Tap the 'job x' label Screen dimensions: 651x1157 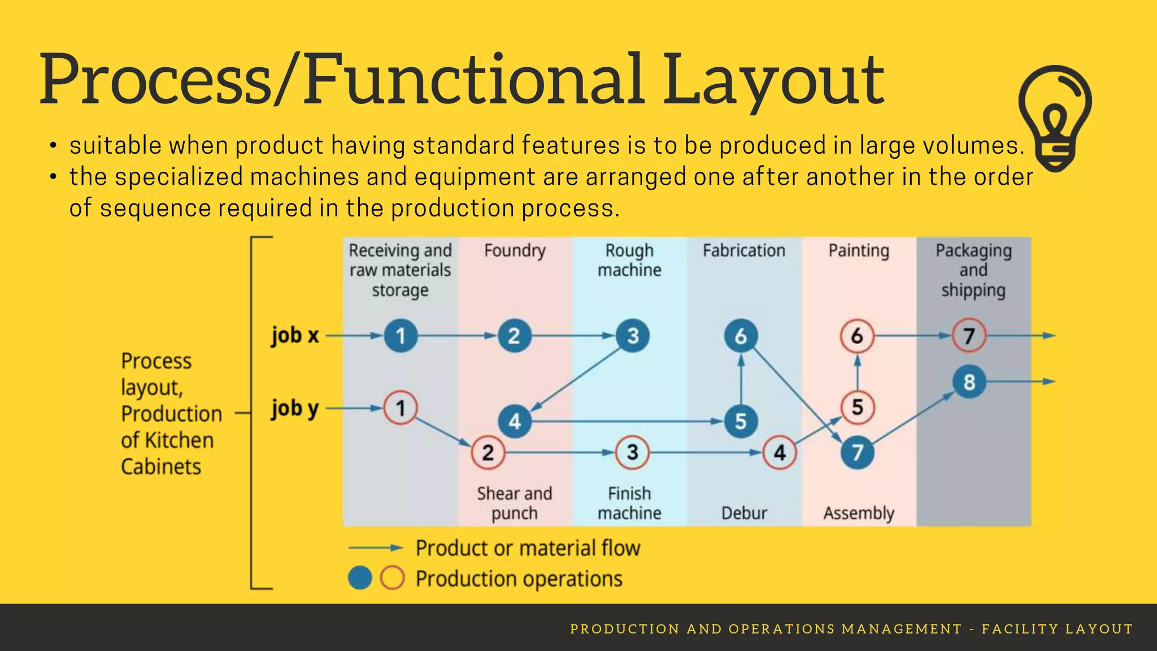(295, 336)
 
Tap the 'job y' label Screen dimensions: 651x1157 (295, 408)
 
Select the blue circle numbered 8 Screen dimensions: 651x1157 (969, 382)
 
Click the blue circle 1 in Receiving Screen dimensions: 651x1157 (401, 336)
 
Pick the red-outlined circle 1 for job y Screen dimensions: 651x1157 (401, 407)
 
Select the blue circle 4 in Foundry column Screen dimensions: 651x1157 (514, 422)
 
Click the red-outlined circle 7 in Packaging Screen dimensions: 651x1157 (969, 336)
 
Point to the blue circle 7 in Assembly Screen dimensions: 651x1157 (857, 453)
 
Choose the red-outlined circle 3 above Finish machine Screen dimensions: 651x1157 (632, 452)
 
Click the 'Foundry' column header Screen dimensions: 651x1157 (515, 250)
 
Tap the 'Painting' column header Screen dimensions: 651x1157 (859, 250)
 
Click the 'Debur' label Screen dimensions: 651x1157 (744, 513)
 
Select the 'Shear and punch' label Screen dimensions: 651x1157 (514, 503)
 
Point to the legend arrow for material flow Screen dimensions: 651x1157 (376, 548)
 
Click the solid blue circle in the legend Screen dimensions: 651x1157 (360, 578)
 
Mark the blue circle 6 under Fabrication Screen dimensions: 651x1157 (741, 336)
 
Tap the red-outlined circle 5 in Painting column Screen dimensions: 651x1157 (857, 407)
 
